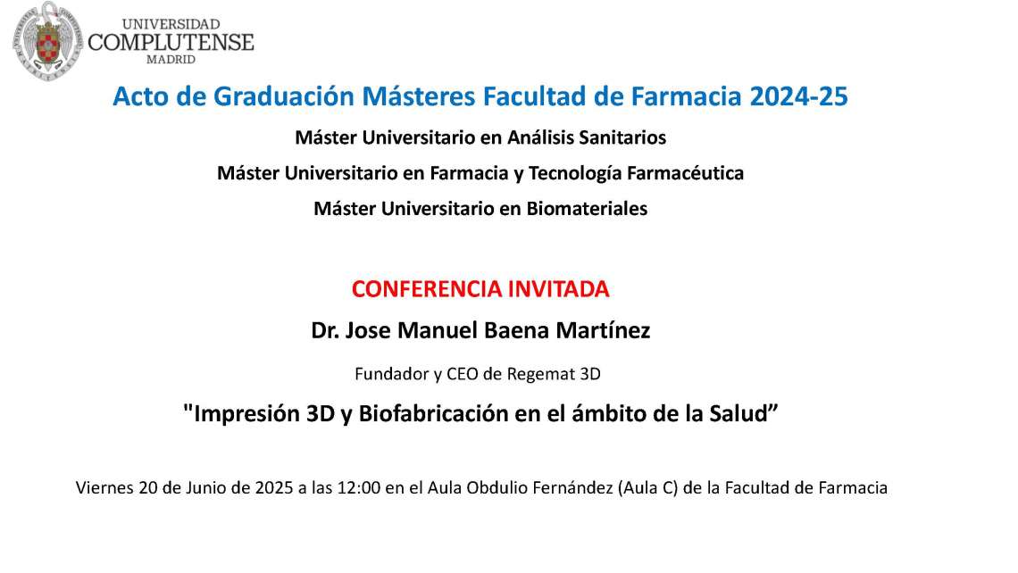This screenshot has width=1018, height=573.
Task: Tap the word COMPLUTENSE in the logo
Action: pyautogui.click(x=171, y=43)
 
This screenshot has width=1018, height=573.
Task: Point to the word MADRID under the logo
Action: pyautogui.click(x=171, y=60)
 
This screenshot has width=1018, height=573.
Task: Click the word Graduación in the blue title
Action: pyautogui.click(x=284, y=96)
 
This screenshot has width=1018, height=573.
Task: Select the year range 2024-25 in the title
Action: pyautogui.click(x=798, y=96)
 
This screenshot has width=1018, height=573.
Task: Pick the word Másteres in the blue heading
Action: pyautogui.click(x=420, y=96)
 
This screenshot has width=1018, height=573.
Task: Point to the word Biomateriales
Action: pyautogui.click(x=587, y=208)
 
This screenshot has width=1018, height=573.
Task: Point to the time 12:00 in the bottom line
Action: pyautogui.click(x=358, y=487)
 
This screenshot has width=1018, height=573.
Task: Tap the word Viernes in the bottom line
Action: pyautogui.click(x=104, y=487)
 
